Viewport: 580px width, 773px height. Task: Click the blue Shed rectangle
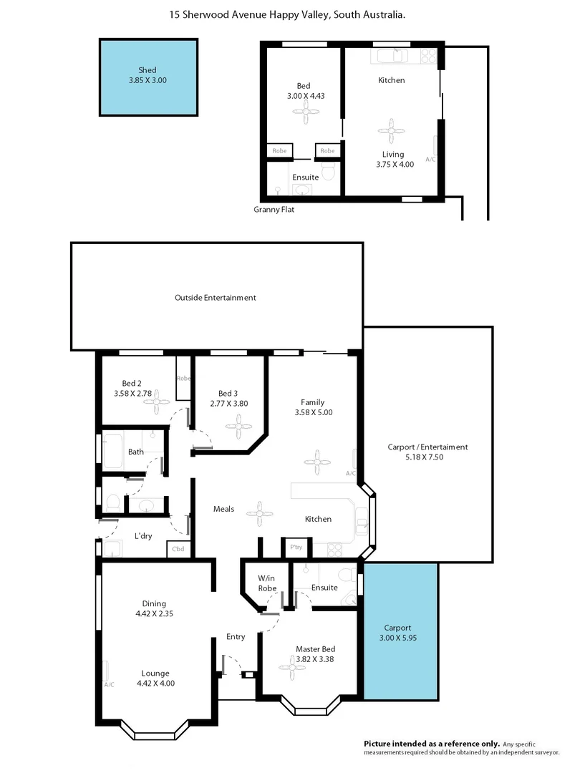(148, 77)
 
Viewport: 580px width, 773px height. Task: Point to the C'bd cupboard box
(177, 550)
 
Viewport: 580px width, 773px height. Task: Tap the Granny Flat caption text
(274, 210)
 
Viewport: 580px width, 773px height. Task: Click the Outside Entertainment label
(216, 298)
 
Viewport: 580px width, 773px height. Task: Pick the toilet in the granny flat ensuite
(328, 171)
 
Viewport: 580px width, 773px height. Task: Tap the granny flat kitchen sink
(390, 55)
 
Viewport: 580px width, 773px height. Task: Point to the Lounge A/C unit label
(109, 684)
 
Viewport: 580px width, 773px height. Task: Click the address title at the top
(287, 14)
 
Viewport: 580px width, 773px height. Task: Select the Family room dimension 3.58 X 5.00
(313, 412)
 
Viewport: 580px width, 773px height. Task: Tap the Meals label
(224, 509)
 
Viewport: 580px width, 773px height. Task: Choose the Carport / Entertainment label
(427, 452)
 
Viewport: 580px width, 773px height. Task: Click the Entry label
(236, 636)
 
